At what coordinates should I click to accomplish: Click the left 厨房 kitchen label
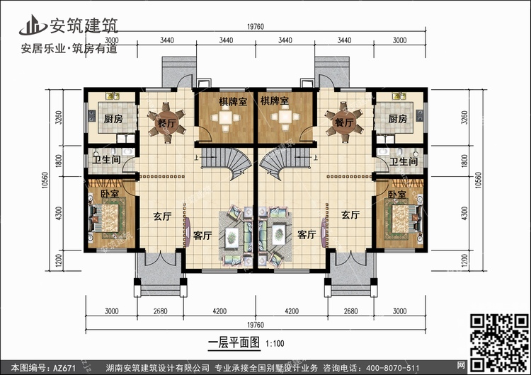coord(113,119)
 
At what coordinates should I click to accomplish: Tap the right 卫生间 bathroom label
coord(403,162)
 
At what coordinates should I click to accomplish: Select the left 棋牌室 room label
coord(233,102)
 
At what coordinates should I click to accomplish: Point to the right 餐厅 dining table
coord(344,122)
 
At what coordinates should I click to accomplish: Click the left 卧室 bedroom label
coord(110,195)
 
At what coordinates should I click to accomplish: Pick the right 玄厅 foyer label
coord(350,215)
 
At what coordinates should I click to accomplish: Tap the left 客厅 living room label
coord(202,236)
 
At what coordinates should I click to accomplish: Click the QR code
coord(499,342)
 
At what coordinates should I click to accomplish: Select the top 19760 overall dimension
coord(256,27)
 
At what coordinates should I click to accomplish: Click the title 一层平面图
coord(234,343)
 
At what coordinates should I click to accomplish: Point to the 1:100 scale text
coord(275,344)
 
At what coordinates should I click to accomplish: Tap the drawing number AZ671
coord(64,368)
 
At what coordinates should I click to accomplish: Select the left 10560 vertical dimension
coord(45,180)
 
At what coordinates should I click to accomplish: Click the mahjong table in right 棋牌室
coord(285,117)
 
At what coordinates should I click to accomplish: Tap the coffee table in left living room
coord(232,236)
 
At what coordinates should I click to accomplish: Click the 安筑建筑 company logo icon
coord(33,25)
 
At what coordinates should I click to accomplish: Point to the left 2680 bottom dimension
coord(160,311)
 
